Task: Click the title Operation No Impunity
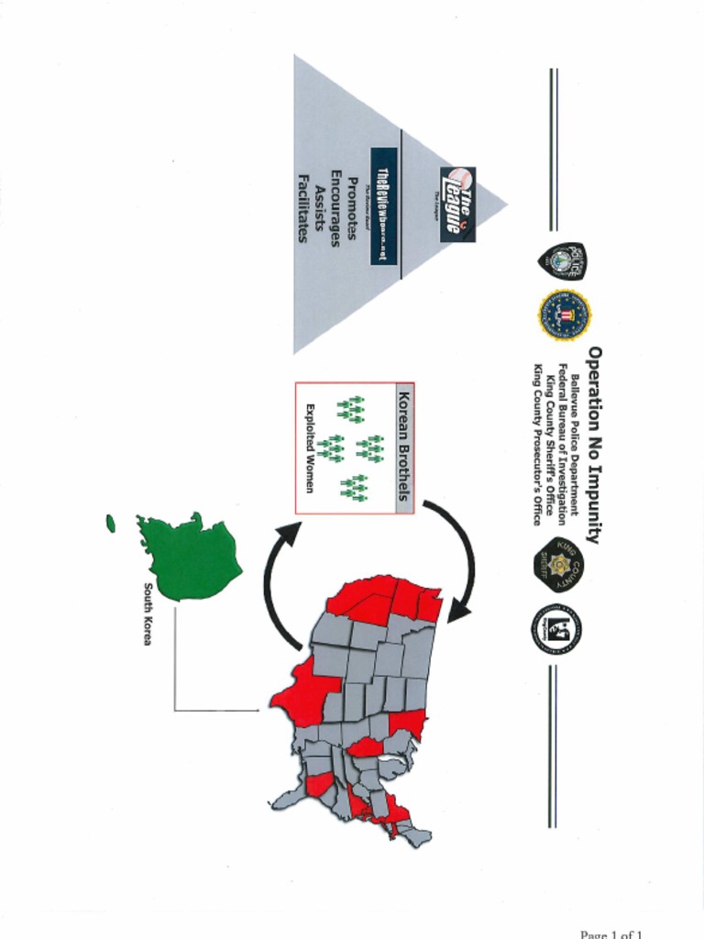[x=594, y=445]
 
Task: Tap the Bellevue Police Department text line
[x=575, y=445]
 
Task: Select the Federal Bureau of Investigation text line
[x=562, y=445]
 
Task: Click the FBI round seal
[x=564, y=315]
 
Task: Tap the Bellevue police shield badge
[x=561, y=260]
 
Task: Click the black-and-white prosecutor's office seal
[x=556, y=630]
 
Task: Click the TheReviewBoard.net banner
[x=384, y=206]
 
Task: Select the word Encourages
[x=335, y=206]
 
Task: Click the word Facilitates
[x=302, y=206]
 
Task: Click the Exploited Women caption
[x=310, y=448]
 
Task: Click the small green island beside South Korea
[x=111, y=523]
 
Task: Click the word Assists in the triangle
[x=319, y=206]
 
